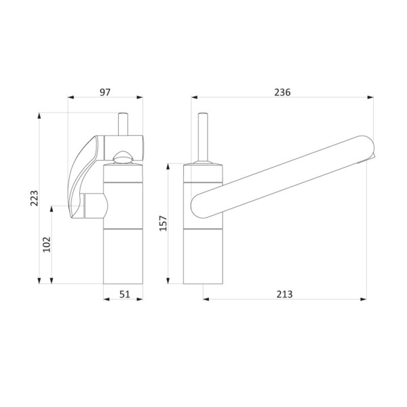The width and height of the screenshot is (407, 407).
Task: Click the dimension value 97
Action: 105,92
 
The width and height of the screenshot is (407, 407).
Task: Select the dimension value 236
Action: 282,92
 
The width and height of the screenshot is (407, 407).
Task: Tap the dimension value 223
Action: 35,198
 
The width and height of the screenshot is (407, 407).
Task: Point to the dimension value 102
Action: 47,244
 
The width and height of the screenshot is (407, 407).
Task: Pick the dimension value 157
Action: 163,223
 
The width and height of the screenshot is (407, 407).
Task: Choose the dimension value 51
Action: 125,294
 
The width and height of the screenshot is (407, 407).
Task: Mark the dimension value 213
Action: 284,294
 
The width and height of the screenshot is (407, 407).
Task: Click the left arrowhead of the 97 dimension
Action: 71,97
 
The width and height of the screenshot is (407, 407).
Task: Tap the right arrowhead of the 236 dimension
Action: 370,97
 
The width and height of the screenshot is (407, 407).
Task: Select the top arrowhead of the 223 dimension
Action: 39,116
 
